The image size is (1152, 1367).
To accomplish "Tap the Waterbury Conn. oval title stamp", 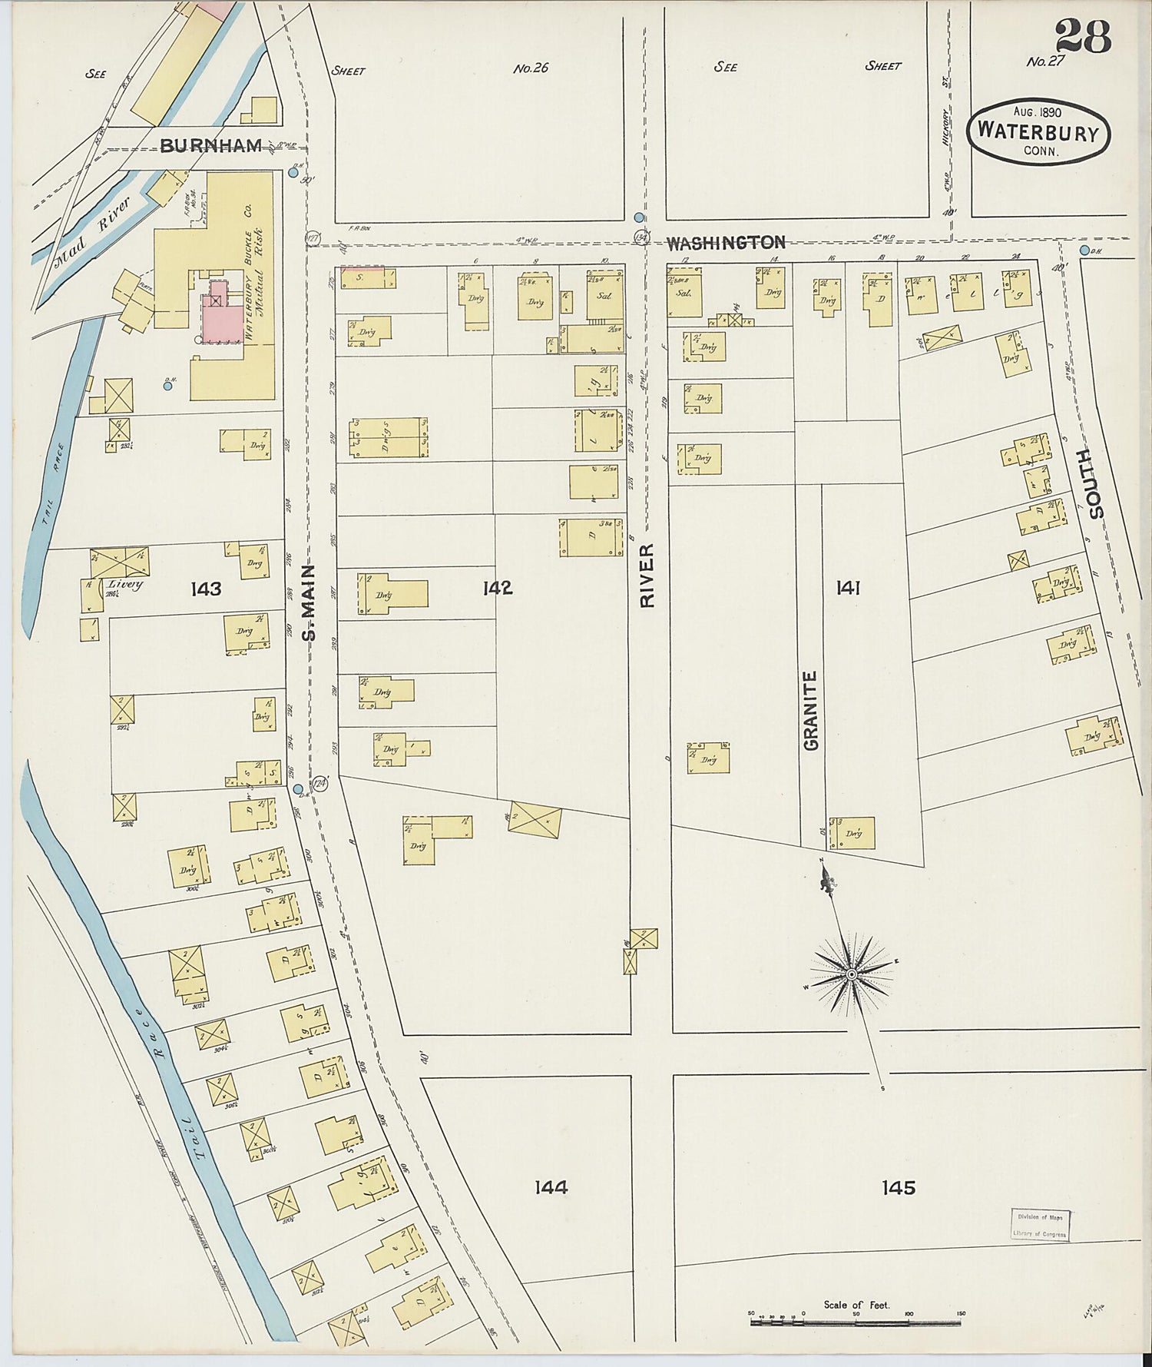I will pyautogui.click(x=1041, y=132).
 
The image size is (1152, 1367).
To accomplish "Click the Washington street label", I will pyautogui.click(x=725, y=243).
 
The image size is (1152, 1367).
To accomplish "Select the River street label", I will pyautogui.click(x=647, y=576).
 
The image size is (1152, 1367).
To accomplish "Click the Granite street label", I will pyautogui.click(x=811, y=710).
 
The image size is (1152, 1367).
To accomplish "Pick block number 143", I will pyautogui.click(x=206, y=589).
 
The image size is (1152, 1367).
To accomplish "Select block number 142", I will pyautogui.click(x=497, y=588).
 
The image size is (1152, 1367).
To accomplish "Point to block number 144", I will pyautogui.click(x=551, y=1187).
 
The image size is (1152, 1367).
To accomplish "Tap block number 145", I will pyautogui.click(x=898, y=1187).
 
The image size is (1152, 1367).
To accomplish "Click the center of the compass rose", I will pyautogui.click(x=851, y=974).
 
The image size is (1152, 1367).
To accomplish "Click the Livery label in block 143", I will pyautogui.click(x=125, y=585).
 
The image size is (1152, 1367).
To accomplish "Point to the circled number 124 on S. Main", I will pyautogui.click(x=319, y=784).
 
